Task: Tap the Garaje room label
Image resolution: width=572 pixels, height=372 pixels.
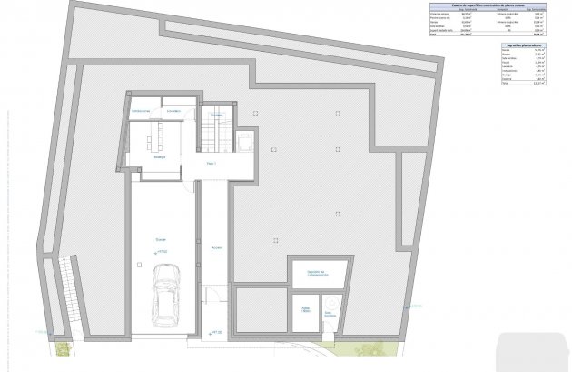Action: tap(160, 241)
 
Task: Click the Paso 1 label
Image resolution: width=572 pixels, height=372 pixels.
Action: tap(212, 164)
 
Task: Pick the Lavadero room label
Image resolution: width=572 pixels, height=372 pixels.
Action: tap(174, 111)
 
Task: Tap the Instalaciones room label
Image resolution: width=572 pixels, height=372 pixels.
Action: tap(140, 111)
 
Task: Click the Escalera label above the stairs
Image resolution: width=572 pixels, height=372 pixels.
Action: tap(216, 116)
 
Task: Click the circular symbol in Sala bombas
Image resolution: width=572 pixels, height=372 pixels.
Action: tap(335, 302)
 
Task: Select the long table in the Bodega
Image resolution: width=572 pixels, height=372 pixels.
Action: tap(153, 137)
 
